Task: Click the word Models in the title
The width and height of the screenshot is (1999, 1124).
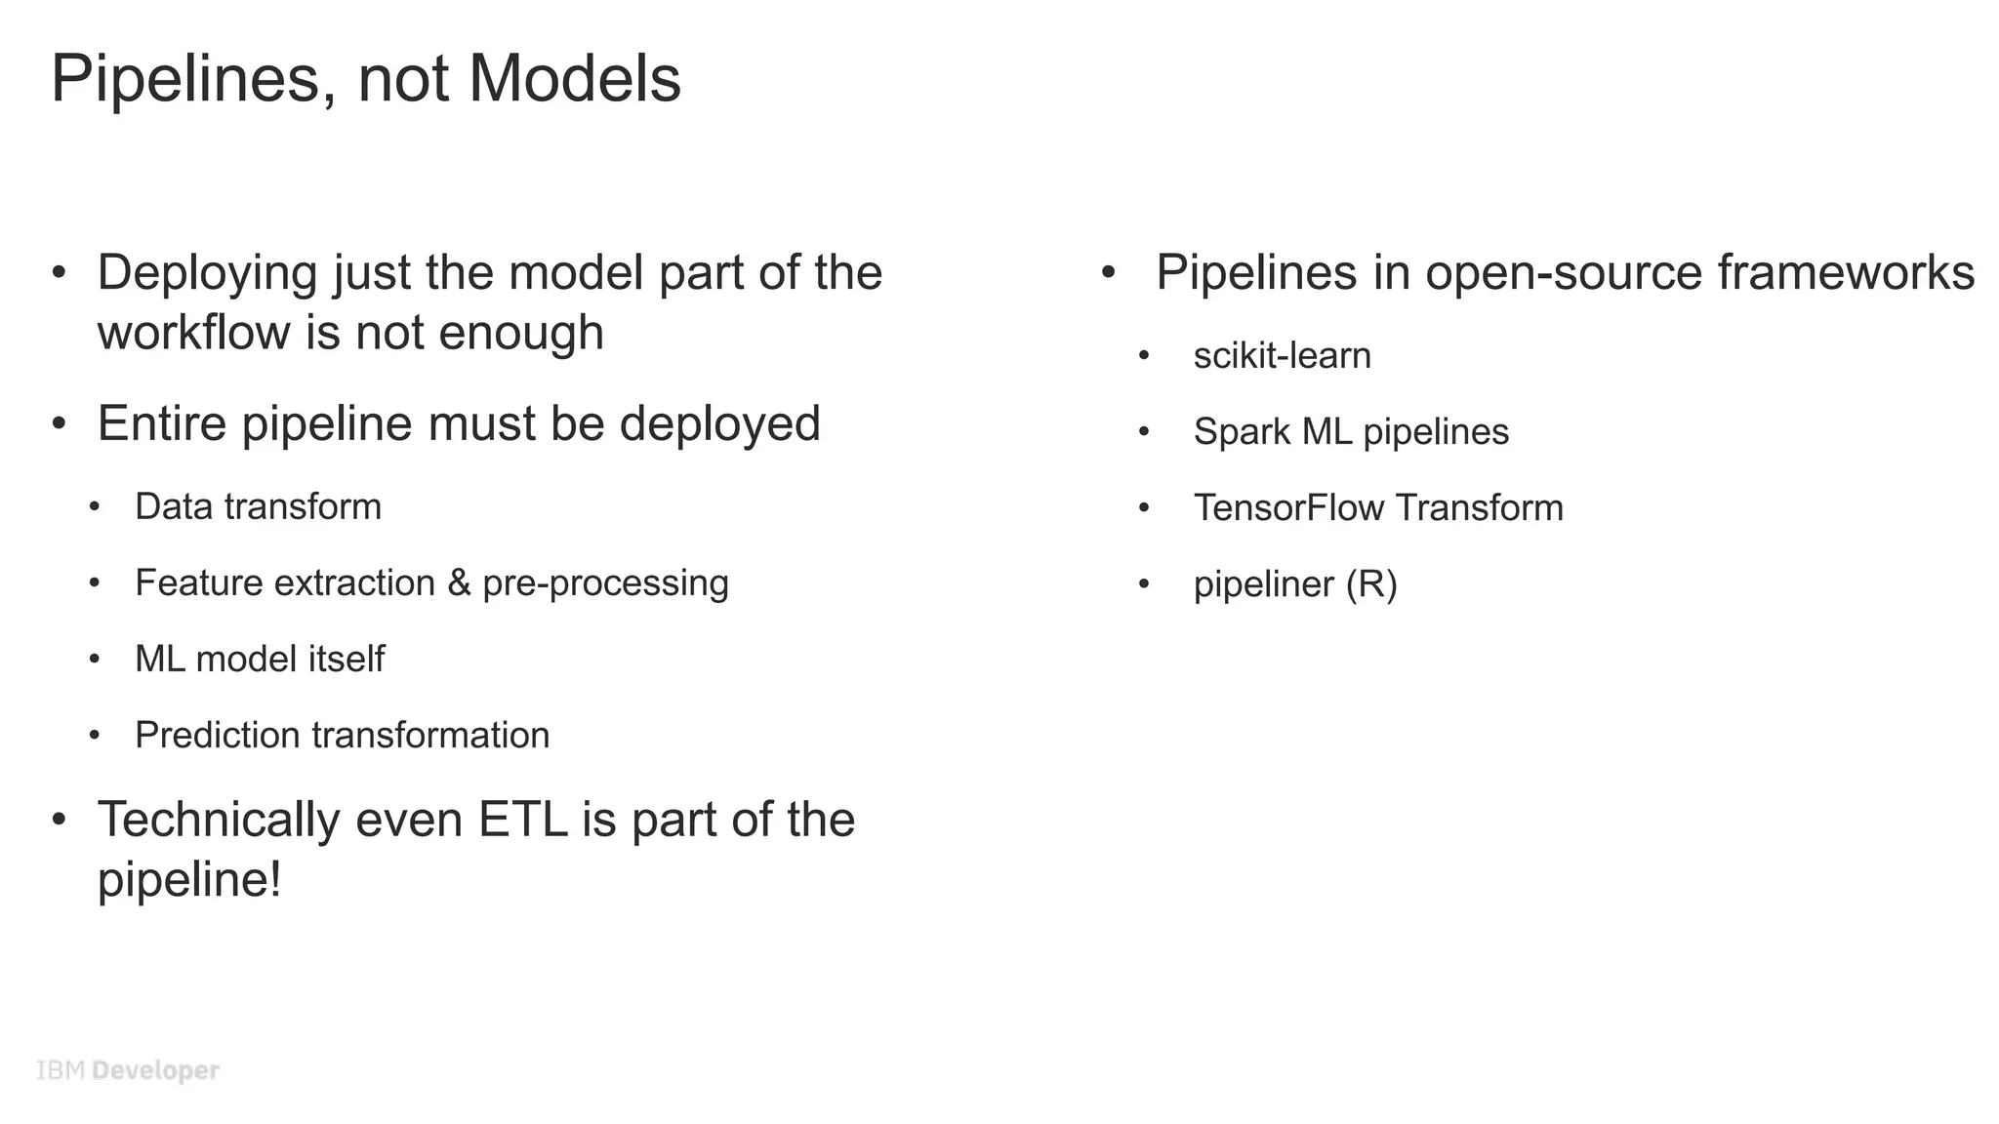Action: point(574,79)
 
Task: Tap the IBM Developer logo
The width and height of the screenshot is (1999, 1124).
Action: point(128,1070)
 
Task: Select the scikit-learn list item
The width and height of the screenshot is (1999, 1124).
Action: point(1282,356)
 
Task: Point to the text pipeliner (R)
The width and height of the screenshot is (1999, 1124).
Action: point(1294,584)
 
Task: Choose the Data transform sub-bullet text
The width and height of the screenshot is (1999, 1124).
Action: point(258,507)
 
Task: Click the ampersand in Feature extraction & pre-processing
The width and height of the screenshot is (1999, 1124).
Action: point(459,583)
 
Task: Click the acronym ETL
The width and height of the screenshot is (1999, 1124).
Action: point(522,820)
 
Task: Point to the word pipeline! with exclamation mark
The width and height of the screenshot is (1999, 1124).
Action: point(189,880)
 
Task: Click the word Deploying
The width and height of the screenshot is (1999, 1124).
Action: point(207,274)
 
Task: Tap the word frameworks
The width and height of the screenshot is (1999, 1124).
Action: point(1846,273)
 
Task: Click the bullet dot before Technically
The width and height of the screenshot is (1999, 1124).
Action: point(60,820)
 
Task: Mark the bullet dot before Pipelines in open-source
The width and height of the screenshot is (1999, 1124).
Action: point(1108,272)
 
